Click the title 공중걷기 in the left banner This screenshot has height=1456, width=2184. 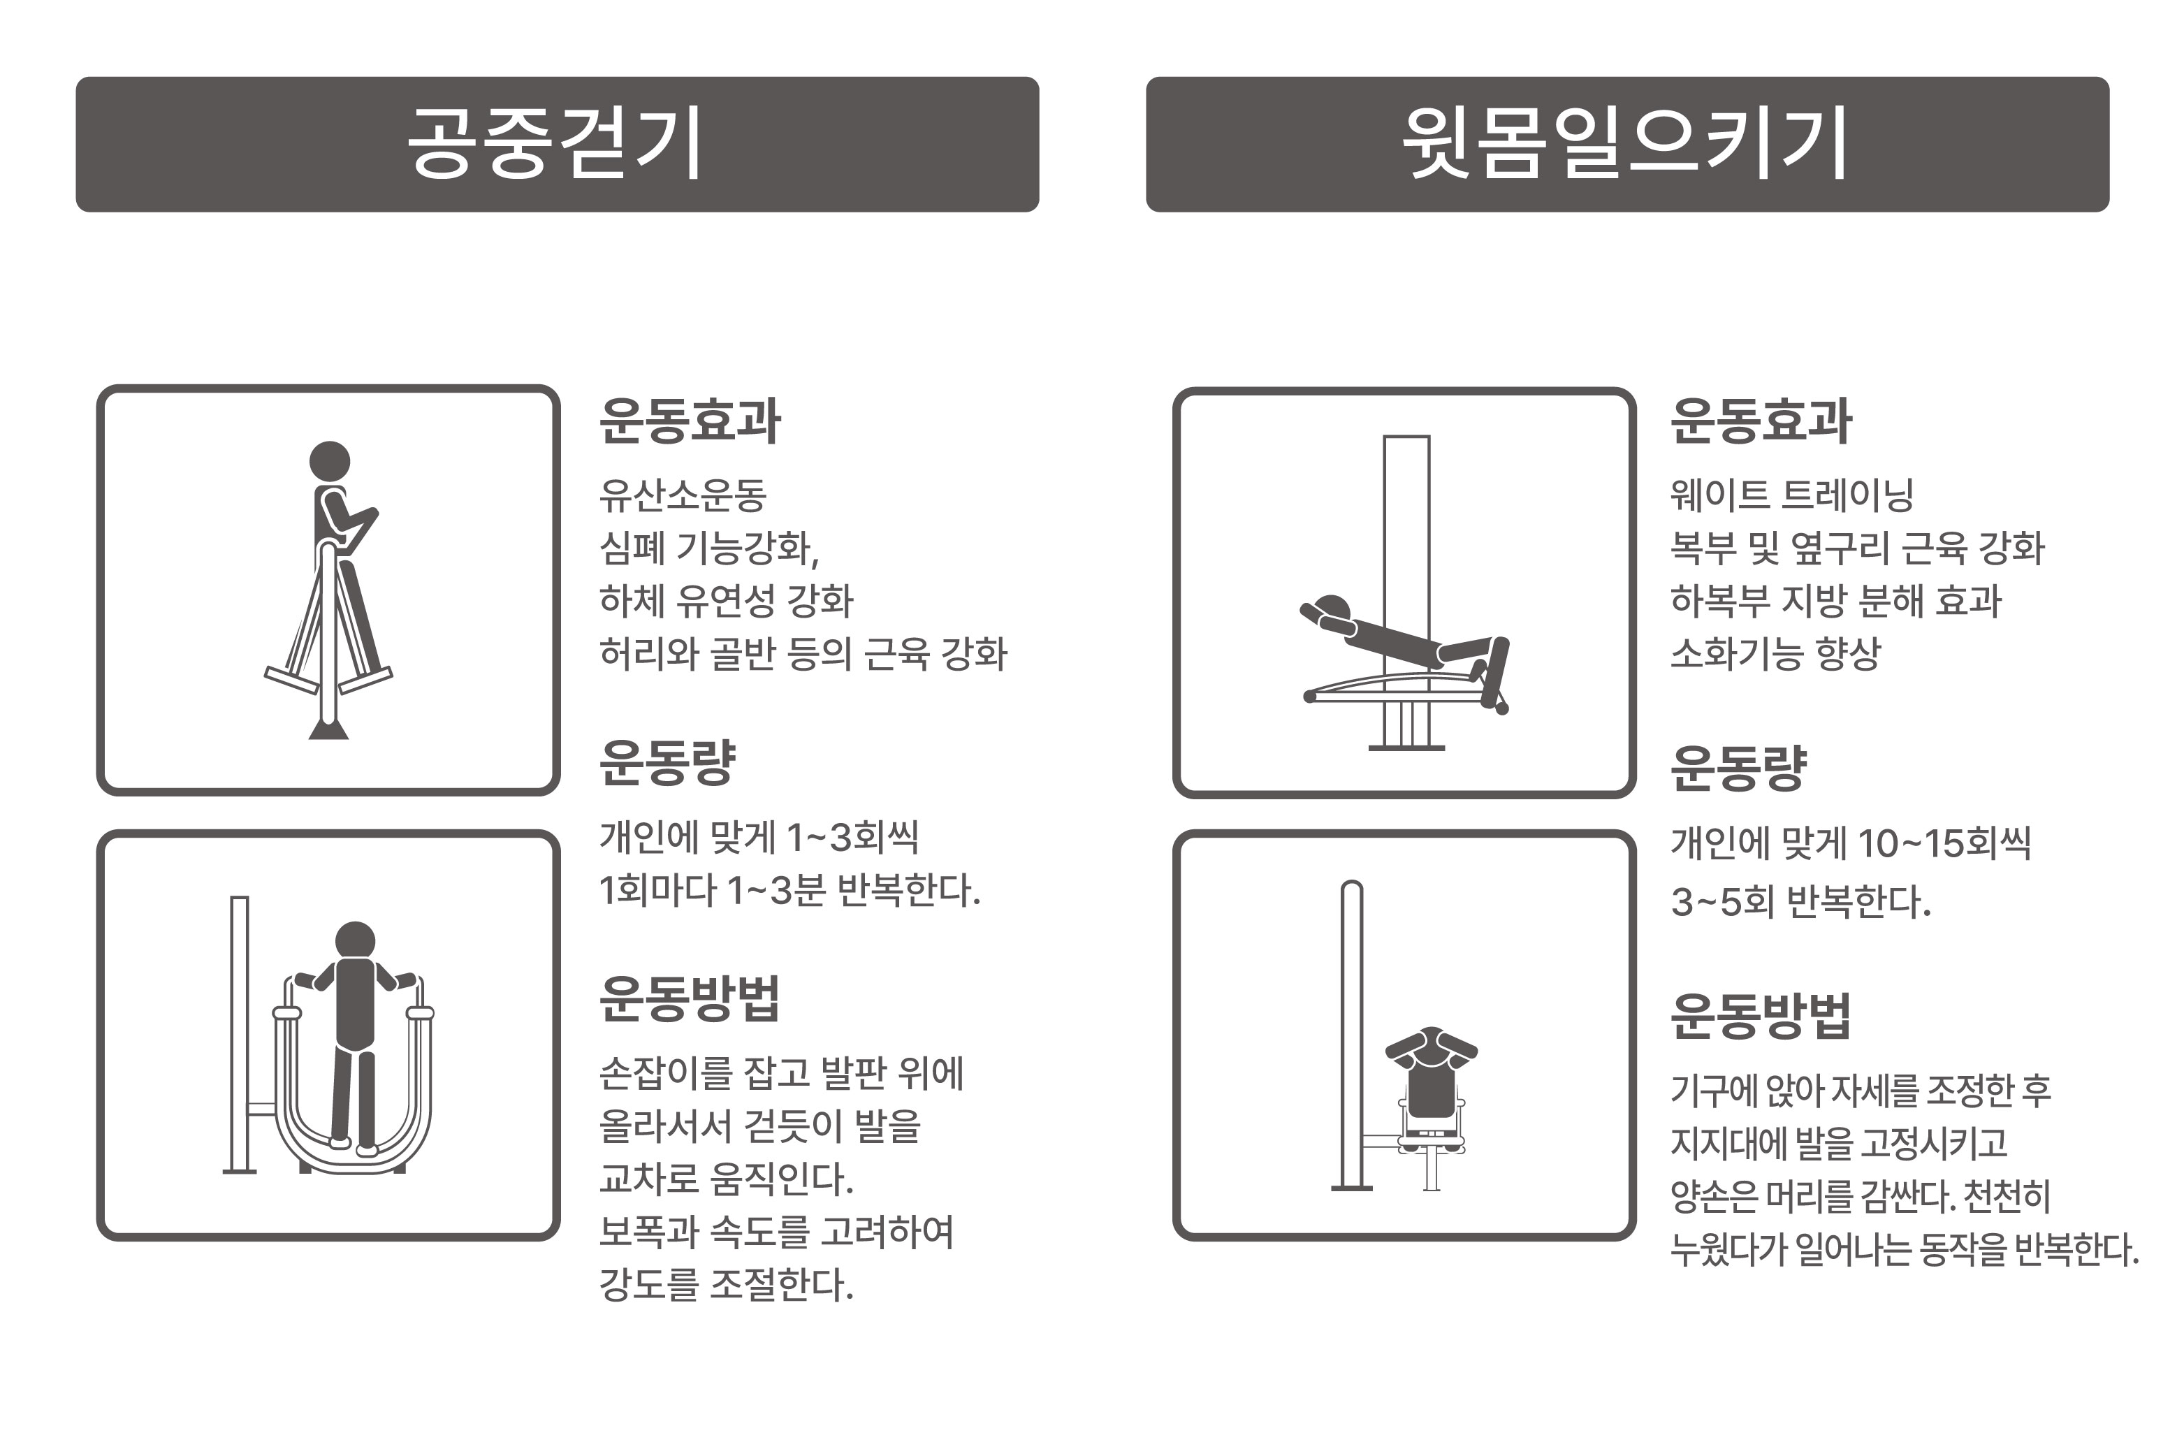(x=555, y=144)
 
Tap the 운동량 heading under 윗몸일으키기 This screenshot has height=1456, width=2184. (x=1738, y=768)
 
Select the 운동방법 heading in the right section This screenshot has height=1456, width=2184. (x=1760, y=1015)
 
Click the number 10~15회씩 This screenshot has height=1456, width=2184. (x=1944, y=844)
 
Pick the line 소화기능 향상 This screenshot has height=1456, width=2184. (x=1775, y=654)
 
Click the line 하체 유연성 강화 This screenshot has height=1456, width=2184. (x=725, y=601)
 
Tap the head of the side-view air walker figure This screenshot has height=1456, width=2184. (x=330, y=460)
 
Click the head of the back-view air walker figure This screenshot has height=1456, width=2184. (x=355, y=940)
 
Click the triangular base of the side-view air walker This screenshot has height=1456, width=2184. (x=328, y=729)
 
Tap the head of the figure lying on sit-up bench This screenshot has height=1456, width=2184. (x=1334, y=609)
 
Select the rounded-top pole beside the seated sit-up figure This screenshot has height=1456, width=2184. (x=1352, y=1031)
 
